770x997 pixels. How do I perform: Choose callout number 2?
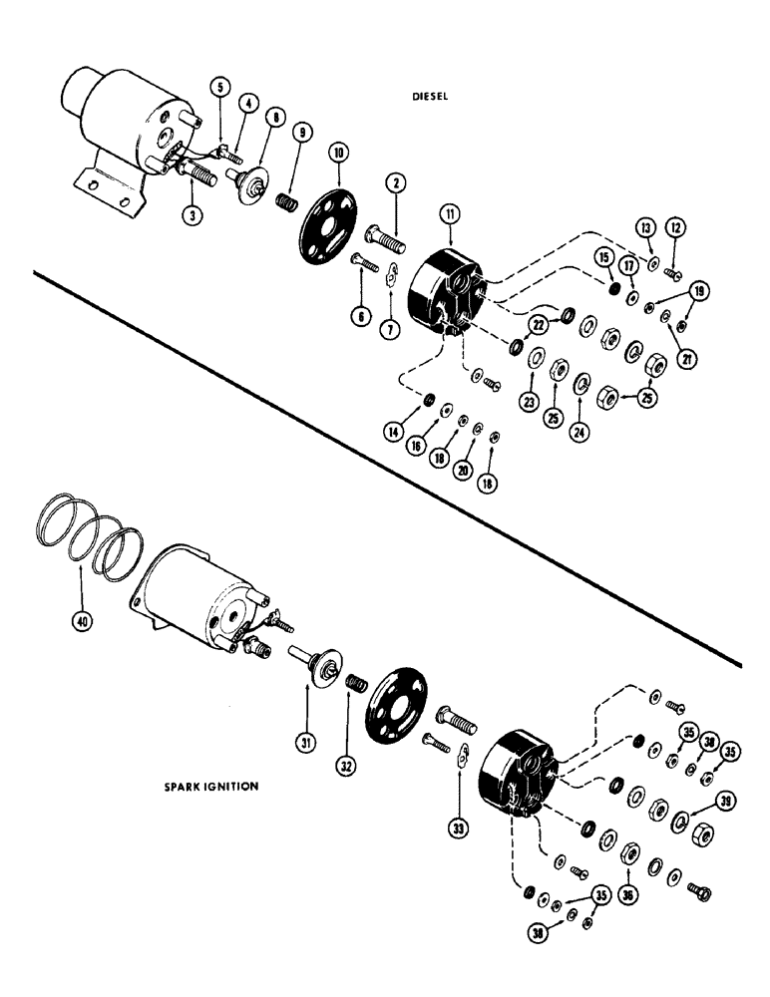pyautogui.click(x=396, y=183)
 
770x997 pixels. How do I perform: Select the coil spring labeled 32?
pyautogui.click(x=356, y=686)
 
